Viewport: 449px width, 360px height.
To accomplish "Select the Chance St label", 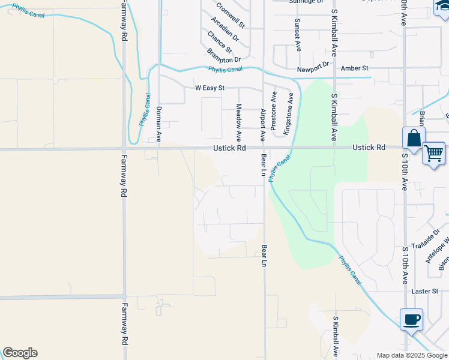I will [x=219, y=41].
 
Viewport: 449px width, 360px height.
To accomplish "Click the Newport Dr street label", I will [x=313, y=64].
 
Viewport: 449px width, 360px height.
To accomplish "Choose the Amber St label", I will [x=354, y=68].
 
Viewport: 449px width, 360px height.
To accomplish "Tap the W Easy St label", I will [x=209, y=88].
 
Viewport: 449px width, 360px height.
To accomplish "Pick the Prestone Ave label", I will [x=274, y=112].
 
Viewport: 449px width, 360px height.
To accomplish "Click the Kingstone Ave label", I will [x=288, y=113].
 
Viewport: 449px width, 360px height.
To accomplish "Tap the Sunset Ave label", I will [x=297, y=34].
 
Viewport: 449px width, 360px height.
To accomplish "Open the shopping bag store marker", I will [x=414, y=139].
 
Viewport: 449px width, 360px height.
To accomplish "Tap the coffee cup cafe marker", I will [x=411, y=320].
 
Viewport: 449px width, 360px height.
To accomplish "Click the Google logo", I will [x=20, y=353].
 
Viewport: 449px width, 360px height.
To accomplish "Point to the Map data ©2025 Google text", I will [x=412, y=355].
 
